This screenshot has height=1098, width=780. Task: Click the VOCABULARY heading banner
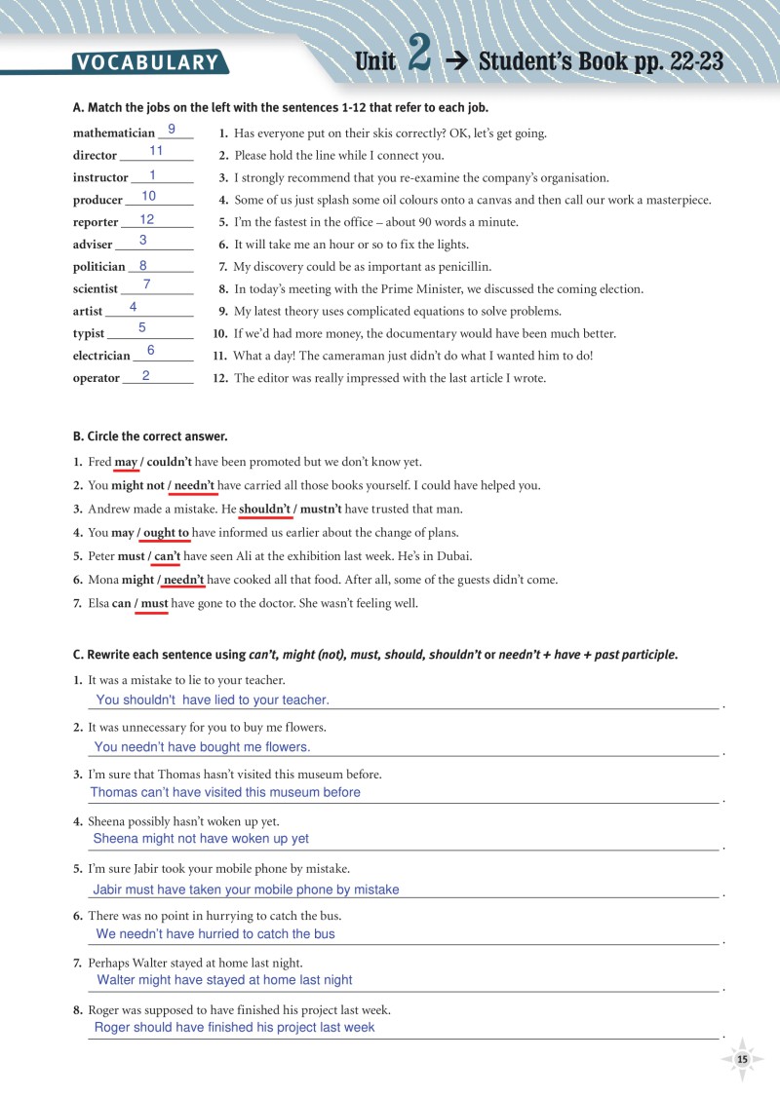[x=148, y=63]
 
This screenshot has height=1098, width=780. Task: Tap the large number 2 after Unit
[x=419, y=57]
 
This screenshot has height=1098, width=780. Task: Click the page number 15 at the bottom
[x=742, y=1059]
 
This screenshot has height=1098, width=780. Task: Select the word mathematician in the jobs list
[x=113, y=133]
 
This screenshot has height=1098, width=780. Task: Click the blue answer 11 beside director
[x=156, y=151]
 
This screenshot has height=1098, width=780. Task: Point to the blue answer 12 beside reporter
[x=147, y=219]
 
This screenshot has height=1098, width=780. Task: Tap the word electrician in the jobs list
[x=101, y=356]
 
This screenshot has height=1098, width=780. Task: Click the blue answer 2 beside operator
[x=145, y=375]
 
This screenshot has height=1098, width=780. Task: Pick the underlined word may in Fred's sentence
[x=126, y=463]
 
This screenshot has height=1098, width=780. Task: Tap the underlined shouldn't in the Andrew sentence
[x=265, y=509]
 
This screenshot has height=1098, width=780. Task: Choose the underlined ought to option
[x=166, y=533]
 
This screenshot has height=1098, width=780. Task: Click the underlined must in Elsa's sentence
[x=154, y=603]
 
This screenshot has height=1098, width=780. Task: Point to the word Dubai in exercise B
[x=452, y=556]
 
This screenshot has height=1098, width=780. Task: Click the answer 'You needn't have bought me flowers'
[x=202, y=747]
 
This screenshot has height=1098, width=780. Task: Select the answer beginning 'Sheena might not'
[x=201, y=838]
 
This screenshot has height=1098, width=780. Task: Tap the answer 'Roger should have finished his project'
[x=234, y=1027]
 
